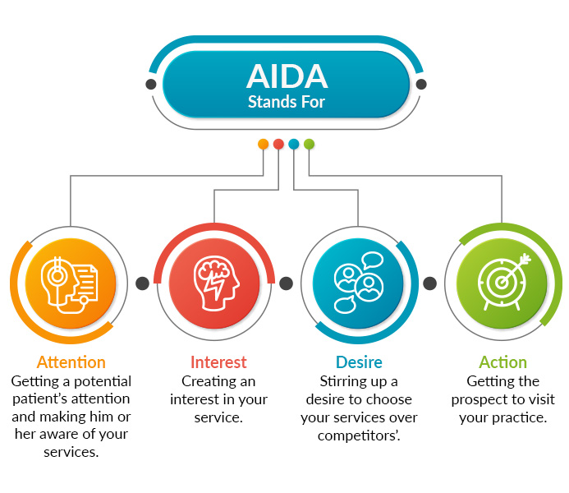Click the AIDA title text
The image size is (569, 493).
pos(287,76)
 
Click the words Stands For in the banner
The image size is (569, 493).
pos(287,103)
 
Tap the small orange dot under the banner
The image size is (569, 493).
pos(263,145)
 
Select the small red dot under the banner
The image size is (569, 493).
pos(278,145)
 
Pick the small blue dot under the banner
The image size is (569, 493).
pos(294,145)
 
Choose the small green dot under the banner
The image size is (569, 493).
pos(309,145)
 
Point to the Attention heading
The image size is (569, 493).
pos(71,362)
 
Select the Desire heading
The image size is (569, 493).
pos(359,362)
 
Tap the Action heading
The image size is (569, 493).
pos(502,362)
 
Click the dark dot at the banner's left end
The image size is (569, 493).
pos(150,84)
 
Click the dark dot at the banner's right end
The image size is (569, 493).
pos(422,84)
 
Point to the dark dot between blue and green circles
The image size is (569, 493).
pos(429,283)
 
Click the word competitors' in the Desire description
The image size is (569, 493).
pos(359,435)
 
